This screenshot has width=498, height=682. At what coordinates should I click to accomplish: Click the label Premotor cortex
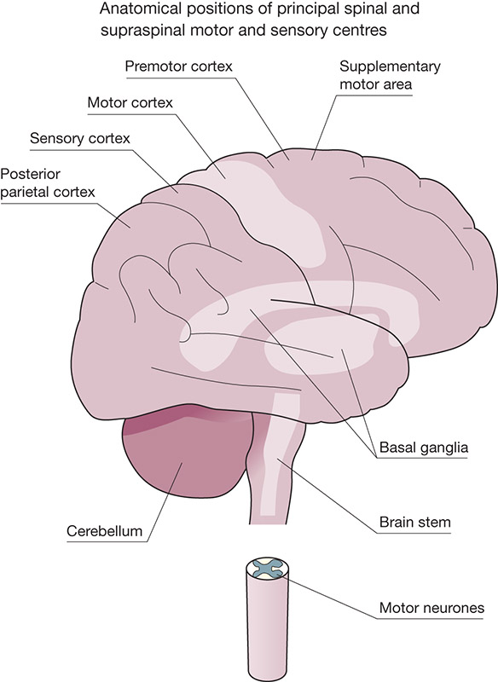coord(179,66)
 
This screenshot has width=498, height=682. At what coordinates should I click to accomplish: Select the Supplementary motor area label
coord(390,75)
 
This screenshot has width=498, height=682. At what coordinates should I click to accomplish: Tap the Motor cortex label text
coord(130,102)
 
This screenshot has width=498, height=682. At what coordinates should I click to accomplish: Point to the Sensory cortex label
coord(80,138)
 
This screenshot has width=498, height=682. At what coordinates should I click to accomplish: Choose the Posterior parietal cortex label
coord(48,182)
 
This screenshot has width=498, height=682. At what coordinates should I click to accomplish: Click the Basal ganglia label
coord(424,447)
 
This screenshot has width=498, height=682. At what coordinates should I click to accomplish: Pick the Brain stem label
coord(415,522)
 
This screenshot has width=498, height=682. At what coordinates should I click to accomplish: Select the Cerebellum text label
coord(104,531)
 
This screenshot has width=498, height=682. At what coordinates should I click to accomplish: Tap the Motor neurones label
coord(431,608)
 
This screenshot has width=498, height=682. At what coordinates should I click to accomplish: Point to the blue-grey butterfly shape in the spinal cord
coord(266,569)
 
